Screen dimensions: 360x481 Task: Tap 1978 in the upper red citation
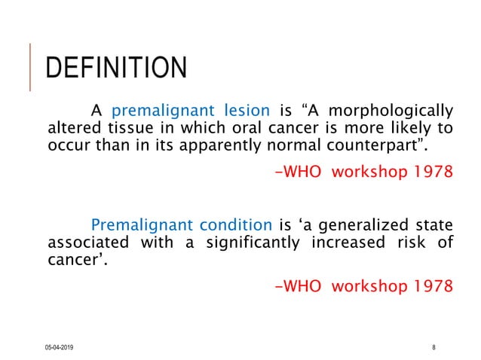tap(434, 171)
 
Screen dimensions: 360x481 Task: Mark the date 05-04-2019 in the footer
tap(64, 346)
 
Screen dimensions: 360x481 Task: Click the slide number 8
tap(434, 346)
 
